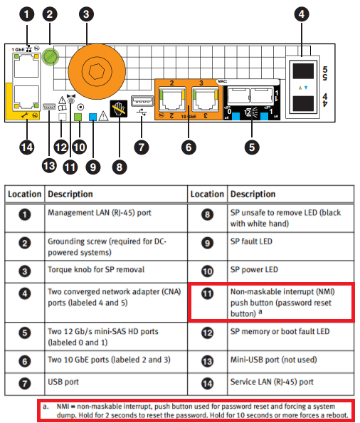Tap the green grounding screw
click(x=51, y=56)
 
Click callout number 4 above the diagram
click(x=302, y=14)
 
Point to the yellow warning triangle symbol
click(x=105, y=117)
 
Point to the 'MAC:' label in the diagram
click(x=223, y=83)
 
